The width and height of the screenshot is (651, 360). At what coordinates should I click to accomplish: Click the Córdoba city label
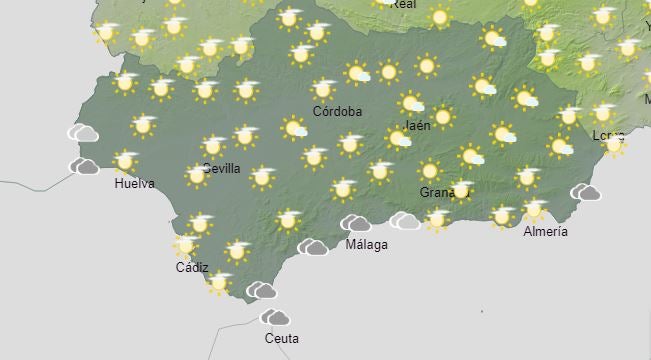click(x=337, y=111)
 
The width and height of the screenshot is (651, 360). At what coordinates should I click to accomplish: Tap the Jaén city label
click(x=417, y=126)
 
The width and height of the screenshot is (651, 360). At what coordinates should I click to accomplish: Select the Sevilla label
click(x=221, y=168)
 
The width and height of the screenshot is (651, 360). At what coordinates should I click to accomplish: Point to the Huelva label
click(x=134, y=184)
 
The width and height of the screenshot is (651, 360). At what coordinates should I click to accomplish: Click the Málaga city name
click(x=366, y=245)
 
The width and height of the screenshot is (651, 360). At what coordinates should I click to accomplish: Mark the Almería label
click(x=545, y=231)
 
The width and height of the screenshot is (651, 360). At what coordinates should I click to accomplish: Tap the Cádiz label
click(x=192, y=267)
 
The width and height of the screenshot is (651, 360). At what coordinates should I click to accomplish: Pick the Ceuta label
click(x=281, y=338)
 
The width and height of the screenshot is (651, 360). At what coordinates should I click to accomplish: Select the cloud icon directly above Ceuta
click(x=275, y=318)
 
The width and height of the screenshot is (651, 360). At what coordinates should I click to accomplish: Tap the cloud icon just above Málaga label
click(x=356, y=224)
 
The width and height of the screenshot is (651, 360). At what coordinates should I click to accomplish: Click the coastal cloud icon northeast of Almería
click(x=586, y=192)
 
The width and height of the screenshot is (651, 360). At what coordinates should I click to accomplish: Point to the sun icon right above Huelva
click(x=125, y=161)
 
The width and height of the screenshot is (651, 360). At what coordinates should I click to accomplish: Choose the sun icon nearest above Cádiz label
click(x=185, y=244)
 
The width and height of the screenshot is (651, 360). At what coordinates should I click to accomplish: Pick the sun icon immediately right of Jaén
click(x=443, y=117)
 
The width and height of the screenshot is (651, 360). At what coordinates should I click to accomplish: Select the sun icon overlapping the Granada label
click(x=460, y=189)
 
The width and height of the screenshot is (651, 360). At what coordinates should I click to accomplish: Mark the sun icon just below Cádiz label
click(x=219, y=282)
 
